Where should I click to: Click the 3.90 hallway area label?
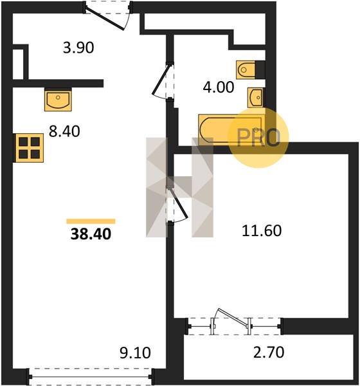click(78, 48)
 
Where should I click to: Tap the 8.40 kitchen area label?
click(64, 131)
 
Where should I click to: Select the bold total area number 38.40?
click(91, 234)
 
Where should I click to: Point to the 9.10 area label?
click(135, 353)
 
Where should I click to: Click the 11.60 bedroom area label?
click(262, 231)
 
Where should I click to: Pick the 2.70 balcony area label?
click(269, 353)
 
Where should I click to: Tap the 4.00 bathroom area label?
click(219, 87)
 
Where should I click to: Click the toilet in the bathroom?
click(246, 69)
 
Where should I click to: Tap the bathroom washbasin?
click(255, 98)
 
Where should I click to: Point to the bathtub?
click(231, 130)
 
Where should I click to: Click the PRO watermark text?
click(258, 137)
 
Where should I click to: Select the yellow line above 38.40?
click(91, 221)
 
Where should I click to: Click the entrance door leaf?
click(104, 19)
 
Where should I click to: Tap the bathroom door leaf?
click(161, 80)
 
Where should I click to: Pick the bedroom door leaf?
click(178, 203)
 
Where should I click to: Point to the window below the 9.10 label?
click(91, 376)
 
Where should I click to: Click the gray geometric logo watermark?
click(179, 187)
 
